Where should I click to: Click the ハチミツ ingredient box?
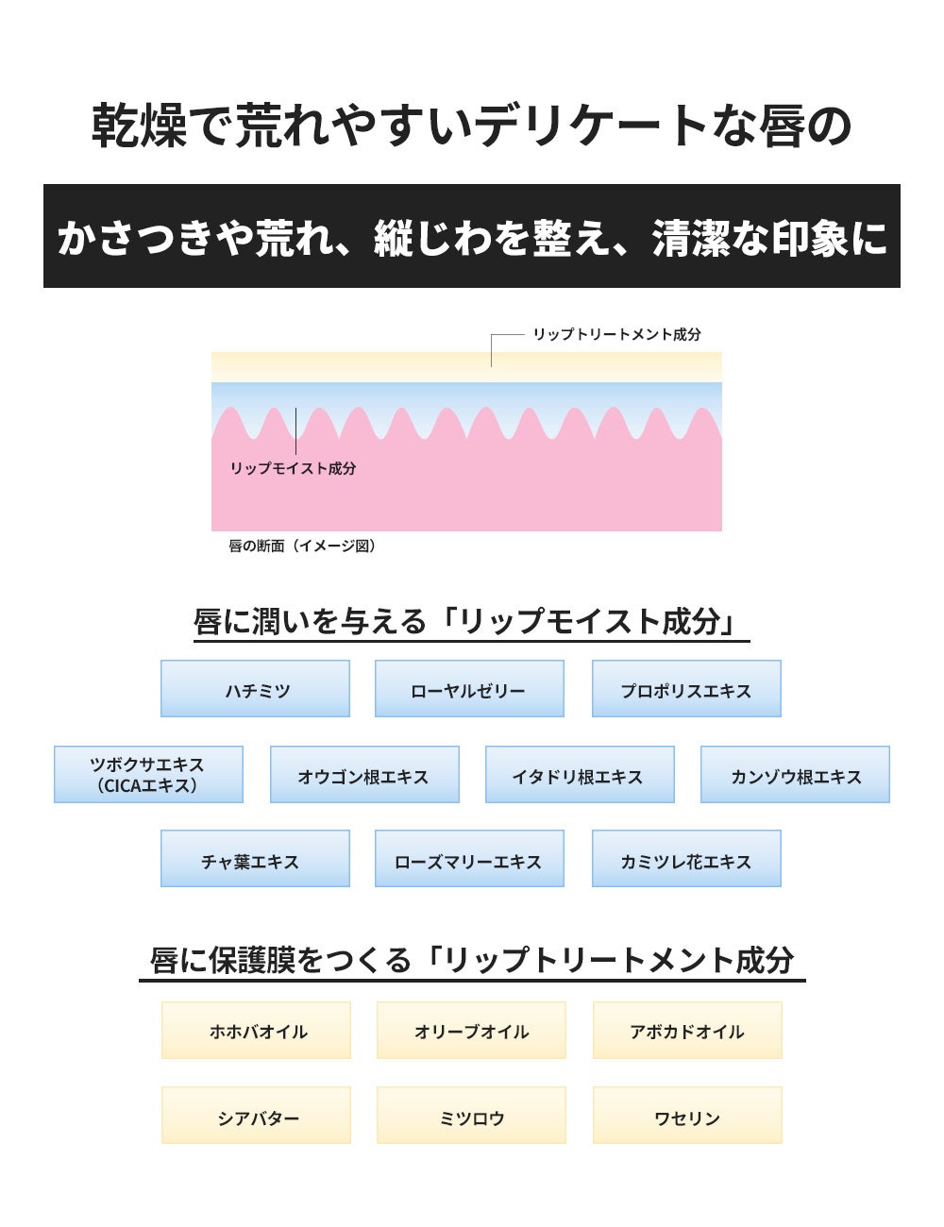tap(255, 689)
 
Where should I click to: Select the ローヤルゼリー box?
tap(469, 689)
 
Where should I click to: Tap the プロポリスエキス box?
tap(686, 689)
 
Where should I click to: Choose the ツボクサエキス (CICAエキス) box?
tap(148, 775)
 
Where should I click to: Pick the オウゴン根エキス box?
tap(364, 775)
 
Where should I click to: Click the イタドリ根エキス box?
tap(580, 775)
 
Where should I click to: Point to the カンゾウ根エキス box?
tap(795, 775)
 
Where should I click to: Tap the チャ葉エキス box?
tap(255, 859)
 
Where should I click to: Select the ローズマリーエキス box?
tap(469, 859)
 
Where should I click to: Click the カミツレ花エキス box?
tap(686, 859)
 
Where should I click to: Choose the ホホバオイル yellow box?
tap(256, 1031)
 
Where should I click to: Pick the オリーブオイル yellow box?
tap(471, 1031)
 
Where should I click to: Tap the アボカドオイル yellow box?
tap(687, 1031)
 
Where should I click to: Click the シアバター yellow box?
tap(256, 1116)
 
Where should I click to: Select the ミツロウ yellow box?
tap(471, 1116)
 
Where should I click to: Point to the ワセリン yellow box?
tap(687, 1116)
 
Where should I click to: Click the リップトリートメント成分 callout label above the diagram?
tap(616, 334)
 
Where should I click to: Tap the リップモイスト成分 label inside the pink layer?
tap(293, 468)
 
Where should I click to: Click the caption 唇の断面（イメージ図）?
tap(302, 546)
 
